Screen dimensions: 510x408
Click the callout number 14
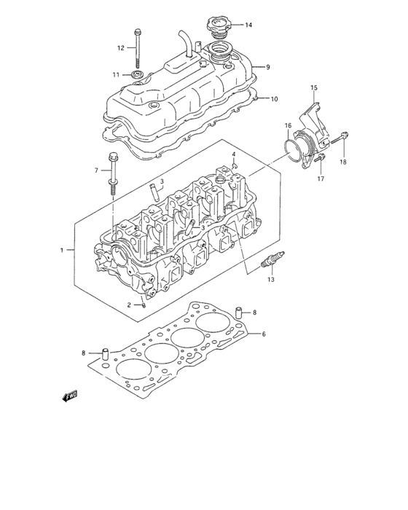coord(248,25)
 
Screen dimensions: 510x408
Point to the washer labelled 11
coord(137,74)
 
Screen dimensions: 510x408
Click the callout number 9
coord(267,67)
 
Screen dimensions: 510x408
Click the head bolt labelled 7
coord(112,173)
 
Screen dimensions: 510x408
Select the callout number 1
coord(63,251)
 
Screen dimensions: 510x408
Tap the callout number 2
coord(128,305)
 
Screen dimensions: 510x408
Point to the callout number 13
coord(271,280)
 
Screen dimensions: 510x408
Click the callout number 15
coord(315,88)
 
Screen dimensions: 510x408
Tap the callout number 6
coord(264,334)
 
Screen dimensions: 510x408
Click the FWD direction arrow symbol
coord(71,396)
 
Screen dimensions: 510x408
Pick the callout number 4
coord(234,154)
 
